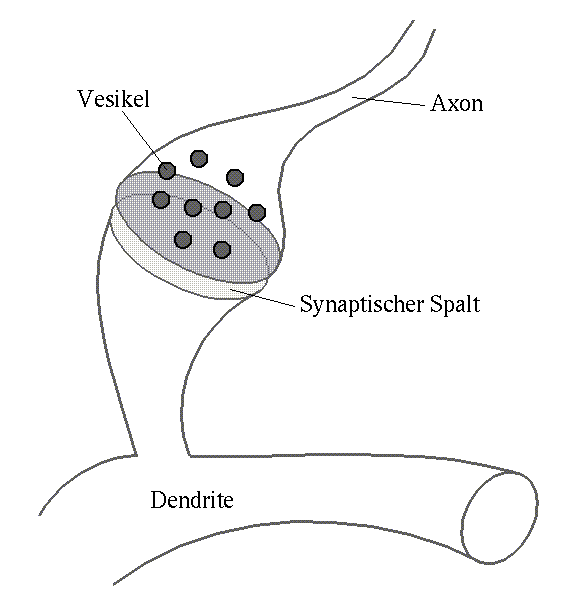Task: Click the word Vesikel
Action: (x=113, y=98)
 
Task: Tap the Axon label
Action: (x=457, y=103)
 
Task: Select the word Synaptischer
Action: (x=361, y=304)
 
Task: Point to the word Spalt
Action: (x=455, y=303)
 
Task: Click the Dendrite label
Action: (x=192, y=500)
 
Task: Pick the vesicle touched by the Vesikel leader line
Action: (x=167, y=170)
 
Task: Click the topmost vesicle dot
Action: (x=199, y=158)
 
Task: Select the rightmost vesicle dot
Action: (x=257, y=213)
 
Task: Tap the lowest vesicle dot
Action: (x=222, y=249)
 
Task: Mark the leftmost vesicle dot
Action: (x=161, y=200)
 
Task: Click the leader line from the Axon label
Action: (x=388, y=101)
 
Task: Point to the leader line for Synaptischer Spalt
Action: (x=263, y=298)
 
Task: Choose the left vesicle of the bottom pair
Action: (x=183, y=240)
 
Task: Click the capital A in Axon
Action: (x=438, y=103)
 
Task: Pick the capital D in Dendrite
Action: (x=158, y=500)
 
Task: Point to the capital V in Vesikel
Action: (x=85, y=98)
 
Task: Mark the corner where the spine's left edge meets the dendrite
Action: (x=136, y=456)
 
